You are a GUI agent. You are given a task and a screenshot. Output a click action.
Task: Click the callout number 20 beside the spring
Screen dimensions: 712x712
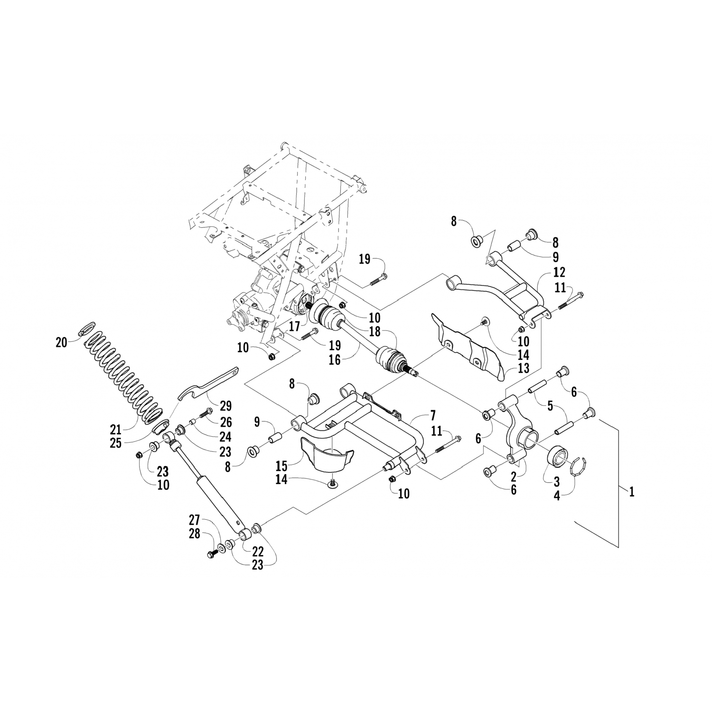(62, 342)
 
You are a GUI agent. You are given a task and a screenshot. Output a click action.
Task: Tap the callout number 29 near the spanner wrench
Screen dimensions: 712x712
(225, 406)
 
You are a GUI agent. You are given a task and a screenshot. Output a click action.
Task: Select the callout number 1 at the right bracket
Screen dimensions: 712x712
(631, 492)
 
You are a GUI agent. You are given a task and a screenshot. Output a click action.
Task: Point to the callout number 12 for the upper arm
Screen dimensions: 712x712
(559, 272)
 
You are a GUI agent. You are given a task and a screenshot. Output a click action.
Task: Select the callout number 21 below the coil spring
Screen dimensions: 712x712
(115, 430)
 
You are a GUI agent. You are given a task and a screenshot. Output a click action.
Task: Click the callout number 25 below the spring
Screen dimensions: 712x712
(115, 443)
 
